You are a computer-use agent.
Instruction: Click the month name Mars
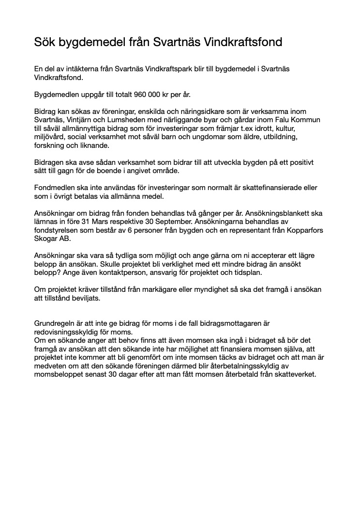[x=103, y=222]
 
